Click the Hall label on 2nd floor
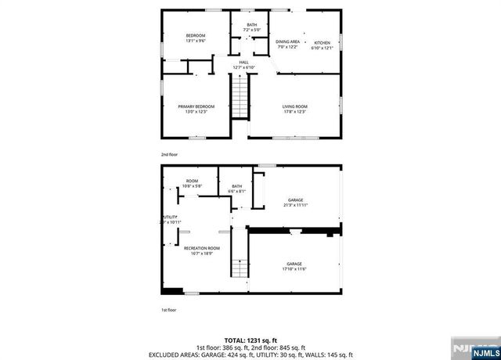245,65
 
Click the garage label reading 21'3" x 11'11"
295,202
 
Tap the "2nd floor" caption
169,155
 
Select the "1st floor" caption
168,310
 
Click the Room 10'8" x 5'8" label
192,183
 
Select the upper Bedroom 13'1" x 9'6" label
196,38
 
